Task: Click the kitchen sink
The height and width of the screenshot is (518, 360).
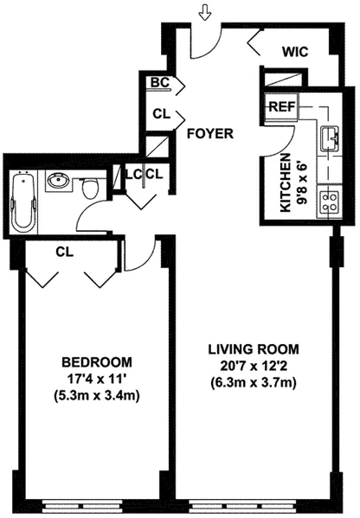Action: [x=330, y=137]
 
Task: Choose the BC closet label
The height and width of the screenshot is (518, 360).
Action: [x=159, y=82]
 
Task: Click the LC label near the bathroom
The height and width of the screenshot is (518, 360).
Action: [x=133, y=174]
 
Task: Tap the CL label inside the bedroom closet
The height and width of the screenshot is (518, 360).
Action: [x=63, y=253]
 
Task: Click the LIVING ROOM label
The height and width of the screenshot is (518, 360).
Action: [x=253, y=349]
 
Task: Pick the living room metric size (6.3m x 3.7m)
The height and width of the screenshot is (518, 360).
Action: [x=253, y=383]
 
